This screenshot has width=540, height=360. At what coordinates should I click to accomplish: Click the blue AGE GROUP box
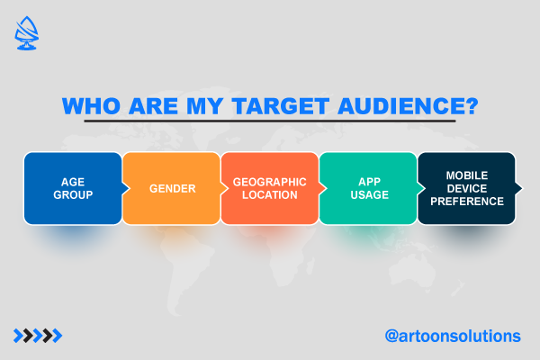[73, 188]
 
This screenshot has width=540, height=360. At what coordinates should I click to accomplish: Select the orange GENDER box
[172, 188]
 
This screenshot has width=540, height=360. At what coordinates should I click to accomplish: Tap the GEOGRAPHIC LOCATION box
[270, 188]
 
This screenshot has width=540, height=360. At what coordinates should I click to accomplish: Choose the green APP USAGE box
[368, 188]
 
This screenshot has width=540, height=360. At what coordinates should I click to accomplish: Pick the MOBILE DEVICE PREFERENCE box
[466, 188]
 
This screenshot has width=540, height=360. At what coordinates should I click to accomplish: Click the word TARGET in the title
[281, 106]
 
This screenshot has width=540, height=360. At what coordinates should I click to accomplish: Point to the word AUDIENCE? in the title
[408, 106]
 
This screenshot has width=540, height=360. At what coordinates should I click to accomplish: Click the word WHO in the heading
[91, 106]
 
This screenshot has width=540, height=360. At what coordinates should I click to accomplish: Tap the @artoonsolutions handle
[453, 336]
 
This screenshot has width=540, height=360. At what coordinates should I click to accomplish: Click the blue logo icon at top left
[26, 33]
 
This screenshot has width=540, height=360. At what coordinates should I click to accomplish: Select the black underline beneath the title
[270, 121]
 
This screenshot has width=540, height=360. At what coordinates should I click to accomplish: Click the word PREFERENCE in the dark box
[467, 202]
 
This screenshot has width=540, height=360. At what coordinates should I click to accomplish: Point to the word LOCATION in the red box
[270, 195]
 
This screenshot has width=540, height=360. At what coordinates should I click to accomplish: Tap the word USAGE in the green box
[370, 195]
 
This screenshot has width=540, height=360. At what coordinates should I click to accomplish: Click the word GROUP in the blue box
[73, 195]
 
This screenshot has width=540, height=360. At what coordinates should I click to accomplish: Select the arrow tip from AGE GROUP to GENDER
[130, 188]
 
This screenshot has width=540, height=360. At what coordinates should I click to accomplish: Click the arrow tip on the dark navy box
[522, 188]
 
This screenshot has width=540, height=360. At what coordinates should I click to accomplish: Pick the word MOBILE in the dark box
[467, 175]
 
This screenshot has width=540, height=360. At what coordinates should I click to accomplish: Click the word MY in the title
[204, 106]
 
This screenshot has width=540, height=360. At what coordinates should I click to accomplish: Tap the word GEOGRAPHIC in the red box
[270, 182]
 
